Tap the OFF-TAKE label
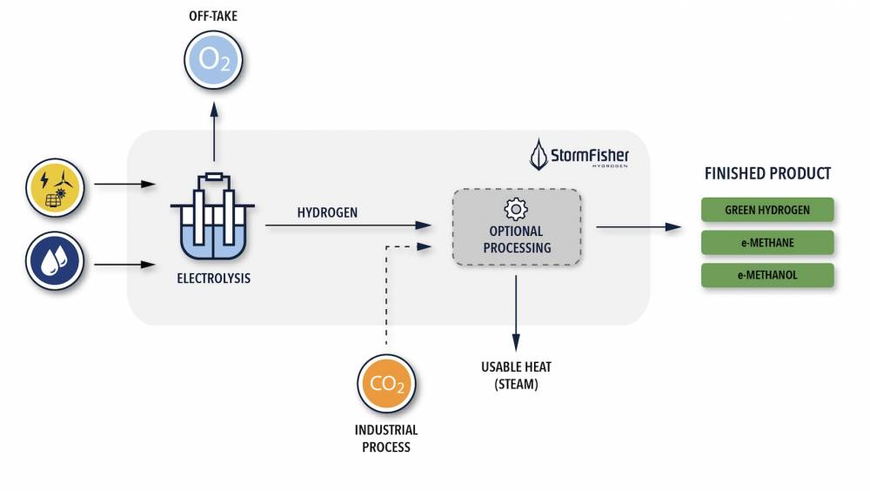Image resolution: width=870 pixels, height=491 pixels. [213, 17]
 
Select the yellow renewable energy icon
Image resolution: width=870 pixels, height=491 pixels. [55, 185]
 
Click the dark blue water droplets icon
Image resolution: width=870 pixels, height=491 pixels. [55, 260]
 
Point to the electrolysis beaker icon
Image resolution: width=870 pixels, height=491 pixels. [212, 218]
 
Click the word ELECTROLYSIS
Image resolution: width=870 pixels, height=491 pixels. [213, 279]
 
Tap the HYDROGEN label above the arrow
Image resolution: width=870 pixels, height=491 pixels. [327, 212]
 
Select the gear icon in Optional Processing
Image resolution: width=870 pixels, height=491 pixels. [516, 208]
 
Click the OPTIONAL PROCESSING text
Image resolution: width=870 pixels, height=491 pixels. [516, 239]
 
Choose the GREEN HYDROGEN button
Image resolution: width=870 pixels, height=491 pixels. [767, 210]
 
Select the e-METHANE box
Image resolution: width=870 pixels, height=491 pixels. [767, 242]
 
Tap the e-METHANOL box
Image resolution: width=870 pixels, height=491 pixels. [767, 275]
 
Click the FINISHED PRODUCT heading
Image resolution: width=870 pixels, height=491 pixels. [767, 173]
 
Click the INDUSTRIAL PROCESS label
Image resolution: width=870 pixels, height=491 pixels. [386, 439]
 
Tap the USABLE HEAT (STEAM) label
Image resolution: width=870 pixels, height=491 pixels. [516, 375]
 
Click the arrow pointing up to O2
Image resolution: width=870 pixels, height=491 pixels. [213, 131]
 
